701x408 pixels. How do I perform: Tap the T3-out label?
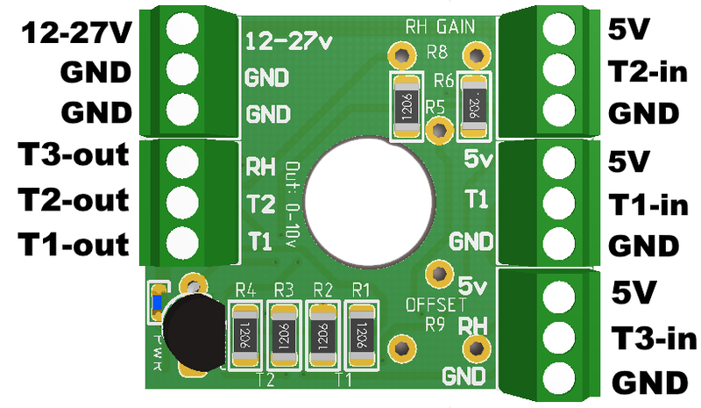tap(74, 157)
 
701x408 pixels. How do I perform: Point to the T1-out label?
tap(74, 241)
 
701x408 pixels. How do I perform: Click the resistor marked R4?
tap(244, 335)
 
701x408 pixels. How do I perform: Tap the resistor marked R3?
tap(283, 335)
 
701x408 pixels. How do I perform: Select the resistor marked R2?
tap(322, 335)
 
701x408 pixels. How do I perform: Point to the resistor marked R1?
tap(360, 335)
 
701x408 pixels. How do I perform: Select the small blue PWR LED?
tap(157, 303)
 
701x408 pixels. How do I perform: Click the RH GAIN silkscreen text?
tap(440, 26)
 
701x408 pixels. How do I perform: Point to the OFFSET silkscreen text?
tap(435, 304)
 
